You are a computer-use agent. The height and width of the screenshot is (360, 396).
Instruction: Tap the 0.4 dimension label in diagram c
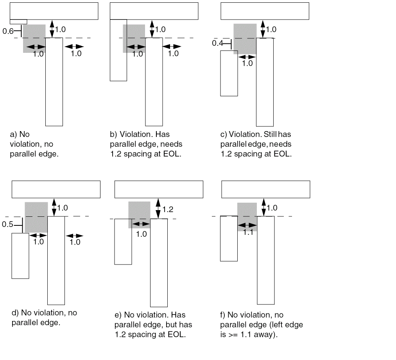click(217, 43)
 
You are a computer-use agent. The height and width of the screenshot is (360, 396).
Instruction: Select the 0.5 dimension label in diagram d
click(7, 224)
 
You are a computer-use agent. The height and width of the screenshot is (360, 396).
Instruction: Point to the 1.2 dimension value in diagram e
click(168, 210)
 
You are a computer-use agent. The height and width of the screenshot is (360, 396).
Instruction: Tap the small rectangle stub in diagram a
click(18, 22)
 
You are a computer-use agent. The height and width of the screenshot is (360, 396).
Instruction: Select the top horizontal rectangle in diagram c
click(265, 11)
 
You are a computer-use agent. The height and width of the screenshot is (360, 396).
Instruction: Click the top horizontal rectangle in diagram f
click(265, 189)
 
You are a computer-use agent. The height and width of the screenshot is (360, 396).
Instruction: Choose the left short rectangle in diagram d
click(20, 256)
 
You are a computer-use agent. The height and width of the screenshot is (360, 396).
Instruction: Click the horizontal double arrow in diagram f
click(247, 225)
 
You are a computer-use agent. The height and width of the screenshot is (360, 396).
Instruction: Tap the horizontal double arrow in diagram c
click(247, 57)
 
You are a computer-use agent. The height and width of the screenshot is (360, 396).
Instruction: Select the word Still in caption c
click(269, 135)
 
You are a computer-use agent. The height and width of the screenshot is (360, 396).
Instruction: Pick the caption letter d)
click(15, 313)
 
